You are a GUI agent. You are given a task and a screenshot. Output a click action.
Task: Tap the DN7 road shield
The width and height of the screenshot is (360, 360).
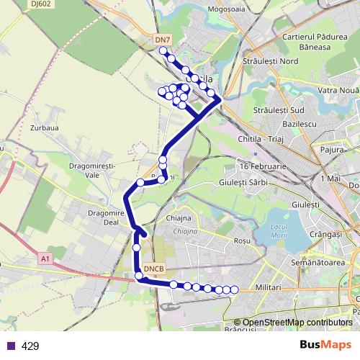(x=163, y=39)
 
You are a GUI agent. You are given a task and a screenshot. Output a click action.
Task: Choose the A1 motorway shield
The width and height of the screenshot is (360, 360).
(x=46, y=258)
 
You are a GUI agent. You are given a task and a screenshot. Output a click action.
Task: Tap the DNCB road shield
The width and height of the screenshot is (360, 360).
(x=154, y=269)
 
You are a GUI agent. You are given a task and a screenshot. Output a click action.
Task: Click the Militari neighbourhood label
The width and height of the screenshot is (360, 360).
(x=266, y=287)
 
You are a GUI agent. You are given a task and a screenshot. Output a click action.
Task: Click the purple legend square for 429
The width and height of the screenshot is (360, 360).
(x=9, y=346)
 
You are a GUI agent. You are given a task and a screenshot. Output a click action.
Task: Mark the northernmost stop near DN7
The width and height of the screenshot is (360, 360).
(x=163, y=51)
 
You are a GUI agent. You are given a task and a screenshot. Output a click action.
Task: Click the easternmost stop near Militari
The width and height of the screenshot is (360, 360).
(x=234, y=289)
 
